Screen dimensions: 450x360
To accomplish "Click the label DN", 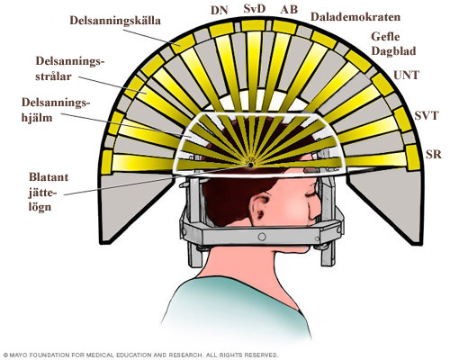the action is click(x=220, y=10).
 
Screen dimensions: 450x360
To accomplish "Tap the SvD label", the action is click(x=255, y=9).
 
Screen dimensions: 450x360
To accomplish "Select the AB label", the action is click(x=289, y=10).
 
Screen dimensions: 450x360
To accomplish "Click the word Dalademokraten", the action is click(x=355, y=17).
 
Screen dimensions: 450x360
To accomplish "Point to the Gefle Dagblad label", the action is click(x=393, y=44).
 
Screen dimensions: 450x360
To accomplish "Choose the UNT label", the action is click(x=406, y=75).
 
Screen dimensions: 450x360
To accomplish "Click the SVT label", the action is click(x=427, y=115).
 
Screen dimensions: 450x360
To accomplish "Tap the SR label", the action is click(x=434, y=154).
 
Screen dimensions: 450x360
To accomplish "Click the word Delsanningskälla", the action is click(x=115, y=21).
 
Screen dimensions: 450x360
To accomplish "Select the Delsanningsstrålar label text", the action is click(x=70, y=68).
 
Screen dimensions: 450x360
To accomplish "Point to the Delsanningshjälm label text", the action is click(x=56, y=110).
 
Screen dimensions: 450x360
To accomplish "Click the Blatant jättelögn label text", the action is click(x=49, y=192).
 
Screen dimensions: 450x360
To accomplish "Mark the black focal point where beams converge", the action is click(x=250, y=165).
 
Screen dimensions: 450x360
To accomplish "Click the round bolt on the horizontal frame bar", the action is click(x=262, y=237).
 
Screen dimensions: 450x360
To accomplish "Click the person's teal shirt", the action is click(x=237, y=312).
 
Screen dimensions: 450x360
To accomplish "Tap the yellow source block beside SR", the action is click(x=413, y=157).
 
